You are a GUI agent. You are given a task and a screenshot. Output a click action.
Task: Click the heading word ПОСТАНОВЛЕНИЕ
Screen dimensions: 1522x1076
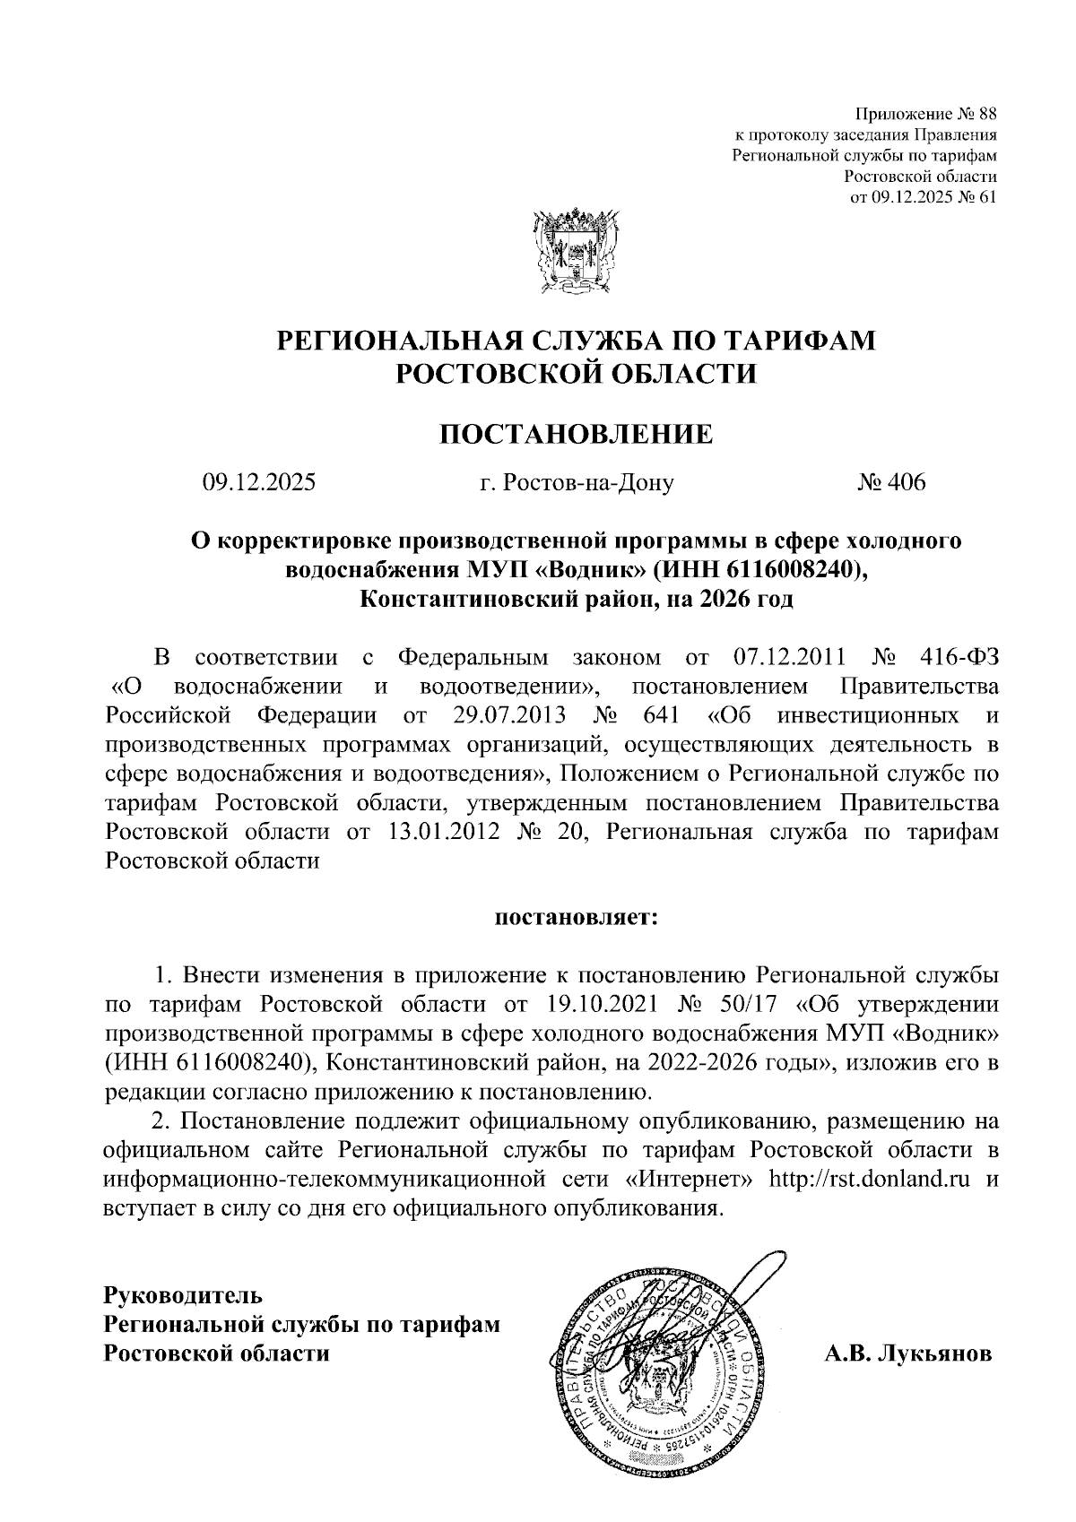pos(576,435)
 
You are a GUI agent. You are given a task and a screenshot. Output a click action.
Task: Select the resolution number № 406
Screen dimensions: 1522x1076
pos(891,483)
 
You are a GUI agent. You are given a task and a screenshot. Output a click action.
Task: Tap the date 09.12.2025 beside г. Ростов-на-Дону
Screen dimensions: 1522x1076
pos(259,483)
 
